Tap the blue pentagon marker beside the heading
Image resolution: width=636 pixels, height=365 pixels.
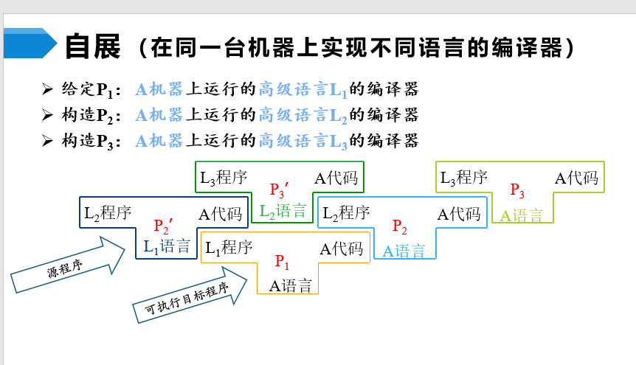click(30, 44)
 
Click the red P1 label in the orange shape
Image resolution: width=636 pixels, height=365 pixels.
click(283, 262)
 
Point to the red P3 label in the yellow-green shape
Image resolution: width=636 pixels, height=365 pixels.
click(517, 191)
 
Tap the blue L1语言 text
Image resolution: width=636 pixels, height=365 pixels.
click(167, 247)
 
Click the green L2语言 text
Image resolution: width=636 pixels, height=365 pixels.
click(283, 212)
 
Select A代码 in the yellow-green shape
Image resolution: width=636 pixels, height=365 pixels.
click(576, 178)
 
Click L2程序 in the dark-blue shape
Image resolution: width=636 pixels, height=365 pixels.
click(108, 214)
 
